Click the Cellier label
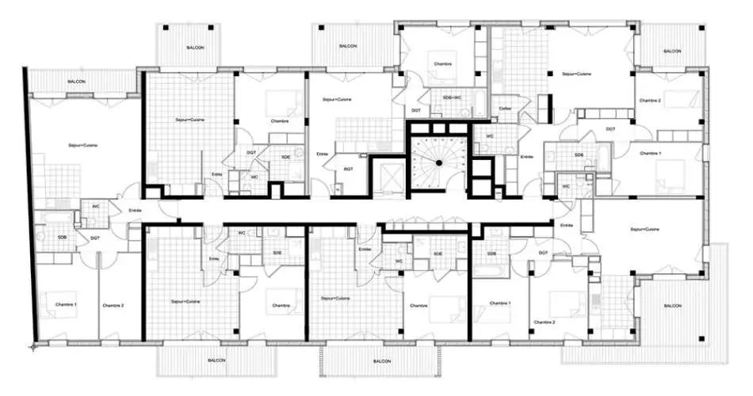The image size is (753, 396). coord(506,109)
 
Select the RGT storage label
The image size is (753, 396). coord(348,168)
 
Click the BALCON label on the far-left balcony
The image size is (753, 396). coord(77,82)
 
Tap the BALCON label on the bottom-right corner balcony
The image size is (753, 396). coord(672,306)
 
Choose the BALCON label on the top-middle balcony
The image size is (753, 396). coord(348,47)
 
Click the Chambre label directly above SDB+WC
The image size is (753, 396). coord(442,63)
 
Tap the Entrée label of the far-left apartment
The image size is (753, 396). coord(136,210)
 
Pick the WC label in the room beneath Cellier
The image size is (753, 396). coord(490,136)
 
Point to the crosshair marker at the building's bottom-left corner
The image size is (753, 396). coord(34,346)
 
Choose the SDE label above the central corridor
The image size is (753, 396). coord(285,157)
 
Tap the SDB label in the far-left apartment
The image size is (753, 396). coord(62,237)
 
